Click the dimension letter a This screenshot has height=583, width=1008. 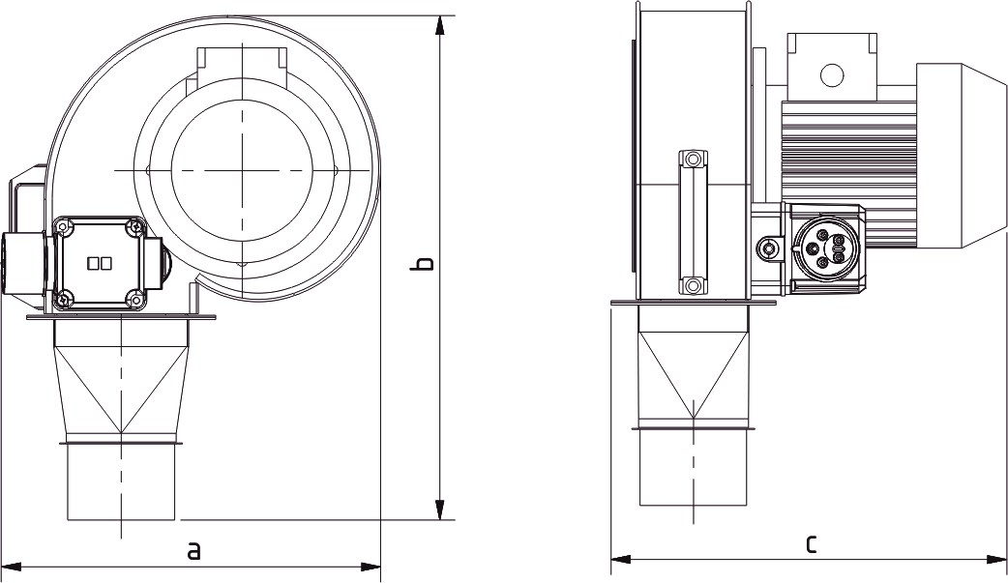(x=193, y=551)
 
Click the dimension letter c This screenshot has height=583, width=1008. (x=811, y=544)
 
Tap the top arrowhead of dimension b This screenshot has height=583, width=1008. (x=440, y=26)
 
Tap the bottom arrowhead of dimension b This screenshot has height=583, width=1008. (x=440, y=510)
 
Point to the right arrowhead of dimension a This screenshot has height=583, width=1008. (x=371, y=567)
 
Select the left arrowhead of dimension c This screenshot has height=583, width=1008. (x=620, y=559)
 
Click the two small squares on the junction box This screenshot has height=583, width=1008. (x=100, y=263)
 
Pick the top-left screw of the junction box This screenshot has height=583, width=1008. (x=62, y=225)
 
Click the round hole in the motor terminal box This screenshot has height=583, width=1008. (x=832, y=74)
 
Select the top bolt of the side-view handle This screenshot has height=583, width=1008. (x=693, y=159)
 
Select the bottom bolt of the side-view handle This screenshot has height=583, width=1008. (x=693, y=285)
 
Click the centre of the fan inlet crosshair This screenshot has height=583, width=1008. (x=243, y=170)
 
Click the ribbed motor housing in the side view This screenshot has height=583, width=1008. (x=848, y=155)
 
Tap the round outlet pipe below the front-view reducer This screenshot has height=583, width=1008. (x=121, y=481)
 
